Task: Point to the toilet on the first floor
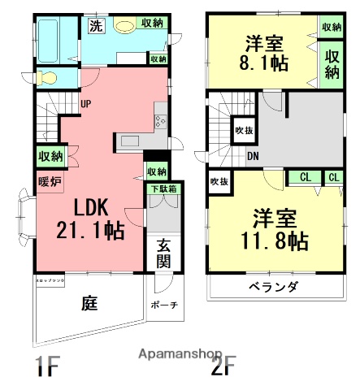click(50, 77)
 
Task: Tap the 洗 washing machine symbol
click(97, 25)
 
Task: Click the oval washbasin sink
click(124, 26)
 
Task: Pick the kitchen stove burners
click(159, 121)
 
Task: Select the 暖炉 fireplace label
click(50, 181)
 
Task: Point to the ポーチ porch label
click(164, 305)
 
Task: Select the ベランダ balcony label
click(273, 287)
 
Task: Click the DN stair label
click(253, 157)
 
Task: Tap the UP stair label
click(85, 103)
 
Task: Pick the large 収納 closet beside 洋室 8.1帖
click(332, 64)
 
